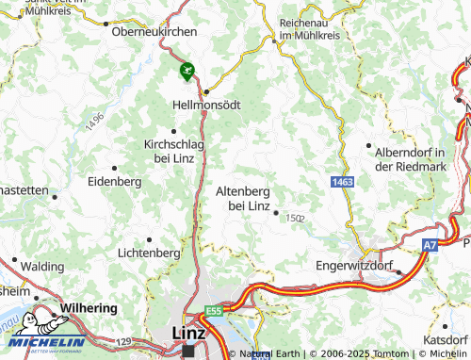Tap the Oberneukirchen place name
154,31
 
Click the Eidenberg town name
113,181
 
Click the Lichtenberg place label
148,253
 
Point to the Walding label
41,268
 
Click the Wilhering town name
89,308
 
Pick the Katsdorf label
447,338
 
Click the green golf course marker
187,69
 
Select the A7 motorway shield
430,245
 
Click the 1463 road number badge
342,180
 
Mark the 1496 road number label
93,122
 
